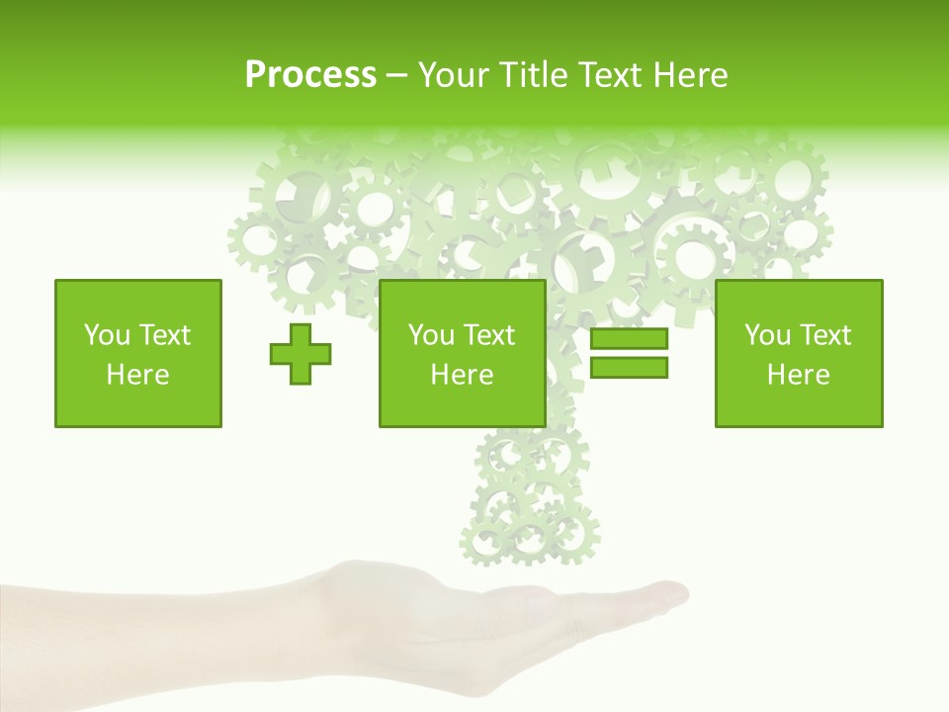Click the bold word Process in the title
point(310,75)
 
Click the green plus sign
point(301,353)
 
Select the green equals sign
point(629,353)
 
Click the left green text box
point(138,353)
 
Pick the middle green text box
point(462,353)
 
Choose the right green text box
point(799,353)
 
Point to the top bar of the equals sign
point(629,339)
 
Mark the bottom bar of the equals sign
point(629,367)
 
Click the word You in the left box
point(106,335)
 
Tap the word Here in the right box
point(799,375)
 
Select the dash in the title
point(396,75)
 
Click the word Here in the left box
point(138,375)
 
